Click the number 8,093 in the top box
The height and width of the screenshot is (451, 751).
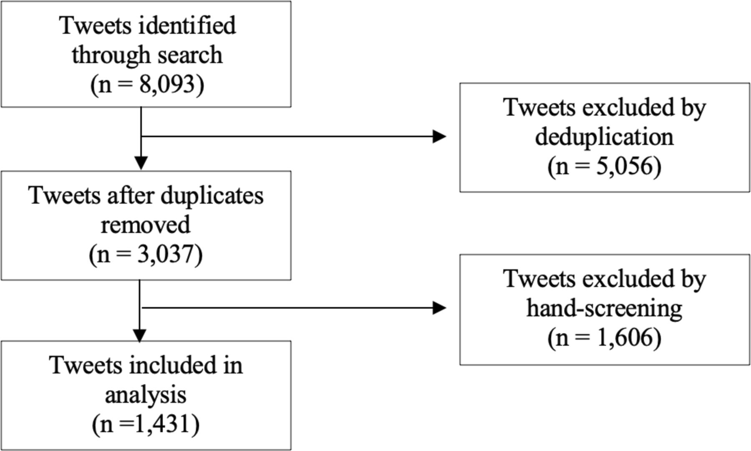167,84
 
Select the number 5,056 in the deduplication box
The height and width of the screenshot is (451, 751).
624,166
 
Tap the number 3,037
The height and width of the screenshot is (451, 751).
165,254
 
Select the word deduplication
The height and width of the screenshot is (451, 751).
605,137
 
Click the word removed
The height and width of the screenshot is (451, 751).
146,224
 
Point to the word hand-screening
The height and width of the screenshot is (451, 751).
604,308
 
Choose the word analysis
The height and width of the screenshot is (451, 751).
146,395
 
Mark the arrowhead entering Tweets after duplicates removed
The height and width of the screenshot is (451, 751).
141,163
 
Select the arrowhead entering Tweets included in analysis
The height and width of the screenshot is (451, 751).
139,335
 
